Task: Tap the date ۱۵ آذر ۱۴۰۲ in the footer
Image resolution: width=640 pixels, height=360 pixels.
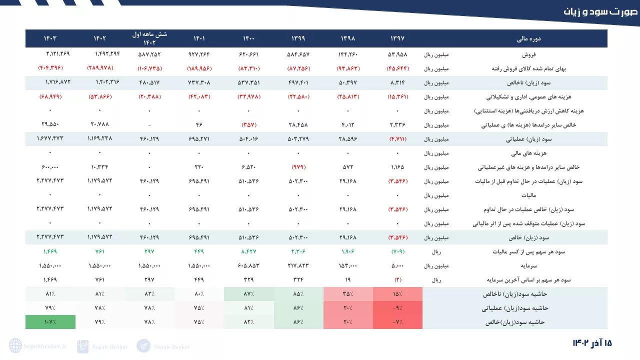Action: tap(592, 343)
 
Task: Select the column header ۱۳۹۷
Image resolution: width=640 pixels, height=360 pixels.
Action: tap(397, 38)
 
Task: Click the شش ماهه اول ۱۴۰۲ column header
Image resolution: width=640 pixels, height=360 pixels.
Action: tap(149, 38)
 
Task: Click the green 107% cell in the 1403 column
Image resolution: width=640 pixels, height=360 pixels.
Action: tap(50, 322)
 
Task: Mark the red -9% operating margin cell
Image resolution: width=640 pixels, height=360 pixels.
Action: tap(397, 308)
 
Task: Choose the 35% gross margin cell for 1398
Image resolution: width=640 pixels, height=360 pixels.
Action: tap(348, 294)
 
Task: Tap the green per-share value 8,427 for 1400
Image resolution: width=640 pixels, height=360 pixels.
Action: tap(249, 251)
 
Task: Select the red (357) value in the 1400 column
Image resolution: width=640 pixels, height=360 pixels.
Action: tap(249, 124)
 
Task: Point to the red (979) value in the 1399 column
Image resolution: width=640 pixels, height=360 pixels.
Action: tap(298, 167)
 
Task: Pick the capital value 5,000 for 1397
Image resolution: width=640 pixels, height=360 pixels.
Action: tap(397, 265)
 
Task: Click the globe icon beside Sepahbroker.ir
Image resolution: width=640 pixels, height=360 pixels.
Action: tap(15, 346)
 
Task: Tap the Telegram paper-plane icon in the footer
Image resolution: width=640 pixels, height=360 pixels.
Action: tap(143, 346)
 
